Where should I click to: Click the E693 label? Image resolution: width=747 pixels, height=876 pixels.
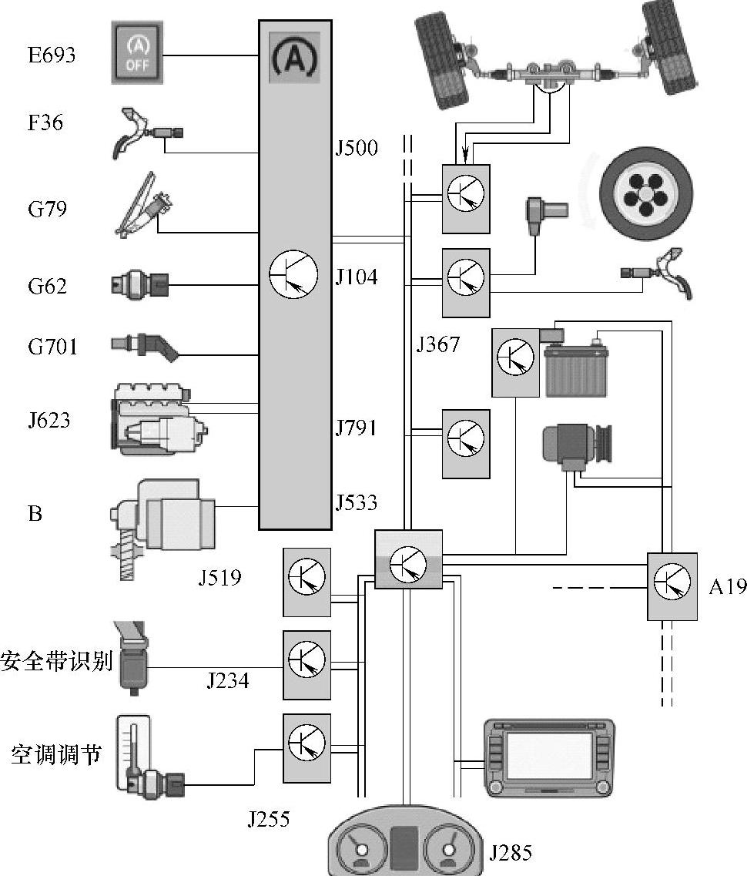tap(52, 55)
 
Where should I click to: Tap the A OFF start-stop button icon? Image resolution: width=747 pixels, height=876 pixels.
tap(137, 53)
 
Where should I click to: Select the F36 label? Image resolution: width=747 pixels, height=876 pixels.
tap(45, 123)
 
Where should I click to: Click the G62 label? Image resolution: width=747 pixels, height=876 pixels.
tap(48, 286)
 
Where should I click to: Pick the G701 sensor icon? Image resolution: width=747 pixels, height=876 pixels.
tap(145, 347)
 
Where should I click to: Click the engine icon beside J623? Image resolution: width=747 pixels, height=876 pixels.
tap(160, 418)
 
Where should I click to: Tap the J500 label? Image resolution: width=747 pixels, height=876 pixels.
tap(357, 148)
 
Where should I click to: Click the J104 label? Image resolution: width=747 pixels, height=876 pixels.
tap(357, 277)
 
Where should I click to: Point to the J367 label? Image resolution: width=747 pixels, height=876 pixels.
tap(437, 344)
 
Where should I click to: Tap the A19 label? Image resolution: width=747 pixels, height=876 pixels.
tap(728, 586)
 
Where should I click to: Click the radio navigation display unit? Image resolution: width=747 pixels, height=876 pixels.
tap(549, 758)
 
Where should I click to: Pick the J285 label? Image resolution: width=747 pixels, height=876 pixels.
tap(511, 853)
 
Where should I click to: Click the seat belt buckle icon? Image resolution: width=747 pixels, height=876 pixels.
tap(132, 657)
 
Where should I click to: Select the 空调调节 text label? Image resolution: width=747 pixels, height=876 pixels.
tap(56, 754)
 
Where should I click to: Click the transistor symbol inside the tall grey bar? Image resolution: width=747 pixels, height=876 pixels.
tap(293, 274)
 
